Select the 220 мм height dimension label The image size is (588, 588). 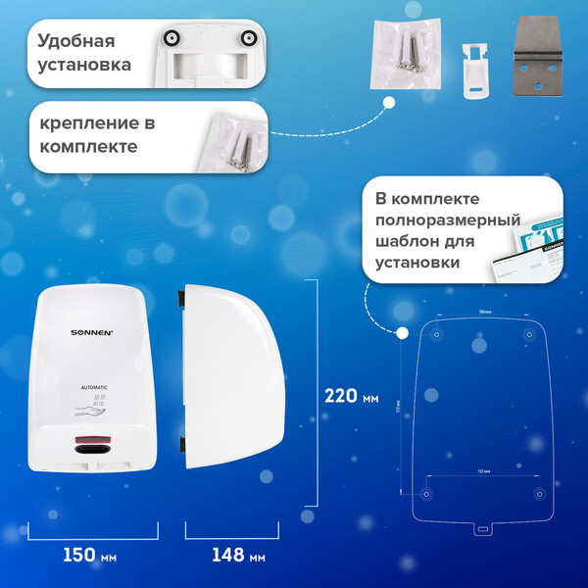[351, 396]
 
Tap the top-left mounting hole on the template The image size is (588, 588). [436, 335]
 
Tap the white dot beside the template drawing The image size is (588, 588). [401, 333]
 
